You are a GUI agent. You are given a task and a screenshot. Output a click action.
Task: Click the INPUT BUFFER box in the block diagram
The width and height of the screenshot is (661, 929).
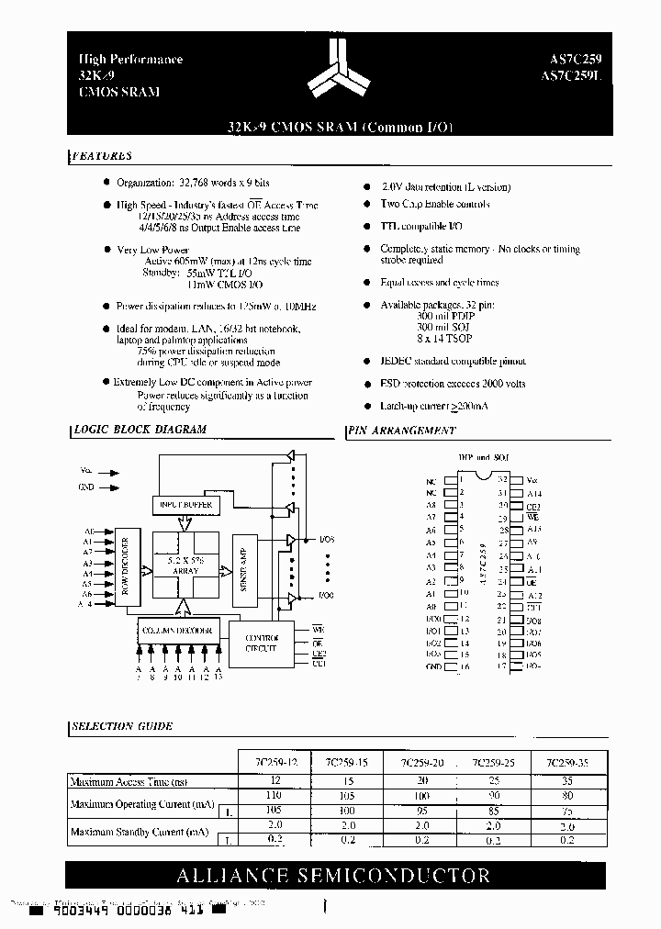point(186,505)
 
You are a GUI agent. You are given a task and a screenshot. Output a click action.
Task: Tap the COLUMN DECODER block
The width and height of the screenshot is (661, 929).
point(177,631)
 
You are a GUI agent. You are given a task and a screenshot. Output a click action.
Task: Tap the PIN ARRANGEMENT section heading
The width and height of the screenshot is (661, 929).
point(402,430)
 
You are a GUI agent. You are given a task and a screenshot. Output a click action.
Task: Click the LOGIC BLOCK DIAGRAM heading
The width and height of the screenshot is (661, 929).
point(140,430)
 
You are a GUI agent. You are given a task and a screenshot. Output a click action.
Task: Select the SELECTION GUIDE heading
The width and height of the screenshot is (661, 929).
point(123,726)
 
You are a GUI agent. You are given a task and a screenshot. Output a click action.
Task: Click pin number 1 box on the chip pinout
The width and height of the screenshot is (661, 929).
point(451,479)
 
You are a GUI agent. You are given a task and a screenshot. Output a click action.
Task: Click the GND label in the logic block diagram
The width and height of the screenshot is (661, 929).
point(86,487)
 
